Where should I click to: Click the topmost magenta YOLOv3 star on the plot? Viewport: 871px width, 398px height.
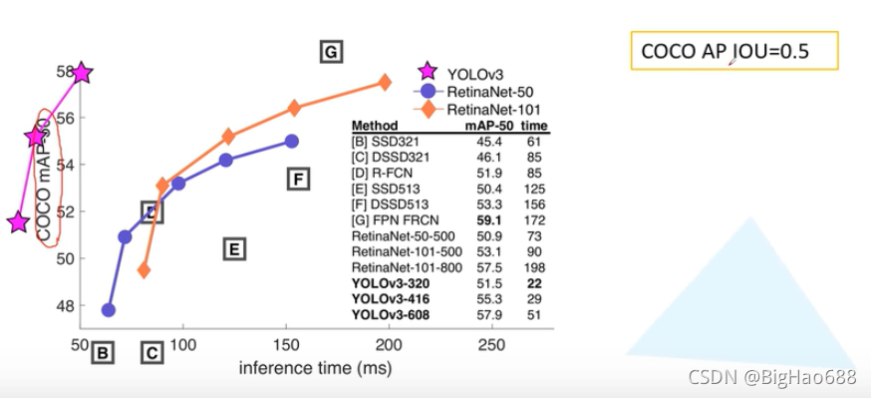tap(82, 73)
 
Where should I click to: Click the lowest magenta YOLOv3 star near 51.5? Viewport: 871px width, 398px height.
tap(17, 222)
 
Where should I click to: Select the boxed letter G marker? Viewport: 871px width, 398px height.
tap(331, 51)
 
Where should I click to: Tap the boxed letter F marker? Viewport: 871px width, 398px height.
tap(298, 179)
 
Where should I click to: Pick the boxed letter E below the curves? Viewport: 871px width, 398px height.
tap(232, 248)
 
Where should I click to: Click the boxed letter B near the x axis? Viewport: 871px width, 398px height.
tap(103, 351)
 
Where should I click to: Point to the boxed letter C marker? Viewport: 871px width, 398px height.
tap(151, 351)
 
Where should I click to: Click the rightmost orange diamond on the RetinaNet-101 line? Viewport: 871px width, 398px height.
tap(385, 83)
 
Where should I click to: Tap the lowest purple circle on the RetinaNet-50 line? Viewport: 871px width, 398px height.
tap(109, 310)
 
